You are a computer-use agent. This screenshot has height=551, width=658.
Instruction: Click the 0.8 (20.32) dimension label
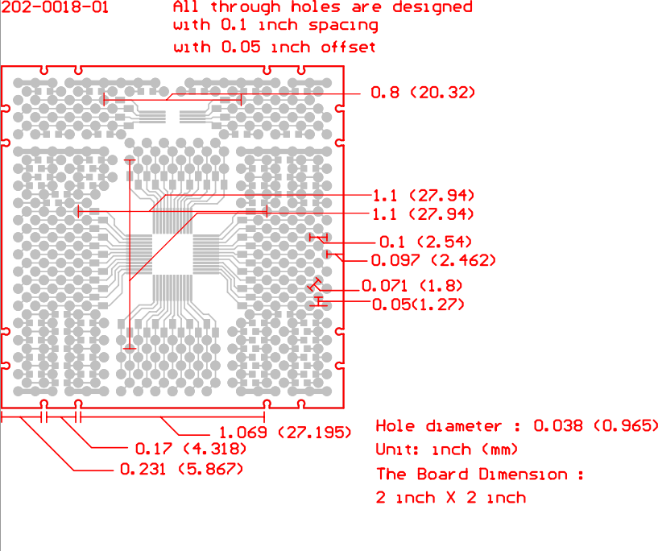pos(423,93)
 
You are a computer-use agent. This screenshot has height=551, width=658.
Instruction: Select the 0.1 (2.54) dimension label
pos(425,242)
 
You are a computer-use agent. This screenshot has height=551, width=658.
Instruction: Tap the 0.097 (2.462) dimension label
pos(432,260)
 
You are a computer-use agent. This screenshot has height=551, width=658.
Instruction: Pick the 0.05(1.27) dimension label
pos(418,304)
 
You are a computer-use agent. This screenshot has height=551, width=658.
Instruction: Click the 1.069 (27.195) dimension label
pos(286,433)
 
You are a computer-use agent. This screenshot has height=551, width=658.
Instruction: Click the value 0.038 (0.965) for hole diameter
pos(597,426)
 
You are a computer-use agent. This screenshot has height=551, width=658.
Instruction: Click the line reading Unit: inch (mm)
pos(447,449)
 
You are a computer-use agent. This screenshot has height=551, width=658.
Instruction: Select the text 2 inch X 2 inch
pos(450,498)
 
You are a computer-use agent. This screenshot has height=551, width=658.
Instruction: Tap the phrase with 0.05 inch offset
pos(274,47)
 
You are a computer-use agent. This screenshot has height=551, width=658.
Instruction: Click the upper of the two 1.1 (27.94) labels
pos(424,196)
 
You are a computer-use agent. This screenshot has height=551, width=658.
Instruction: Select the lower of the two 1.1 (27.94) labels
pos(424,214)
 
